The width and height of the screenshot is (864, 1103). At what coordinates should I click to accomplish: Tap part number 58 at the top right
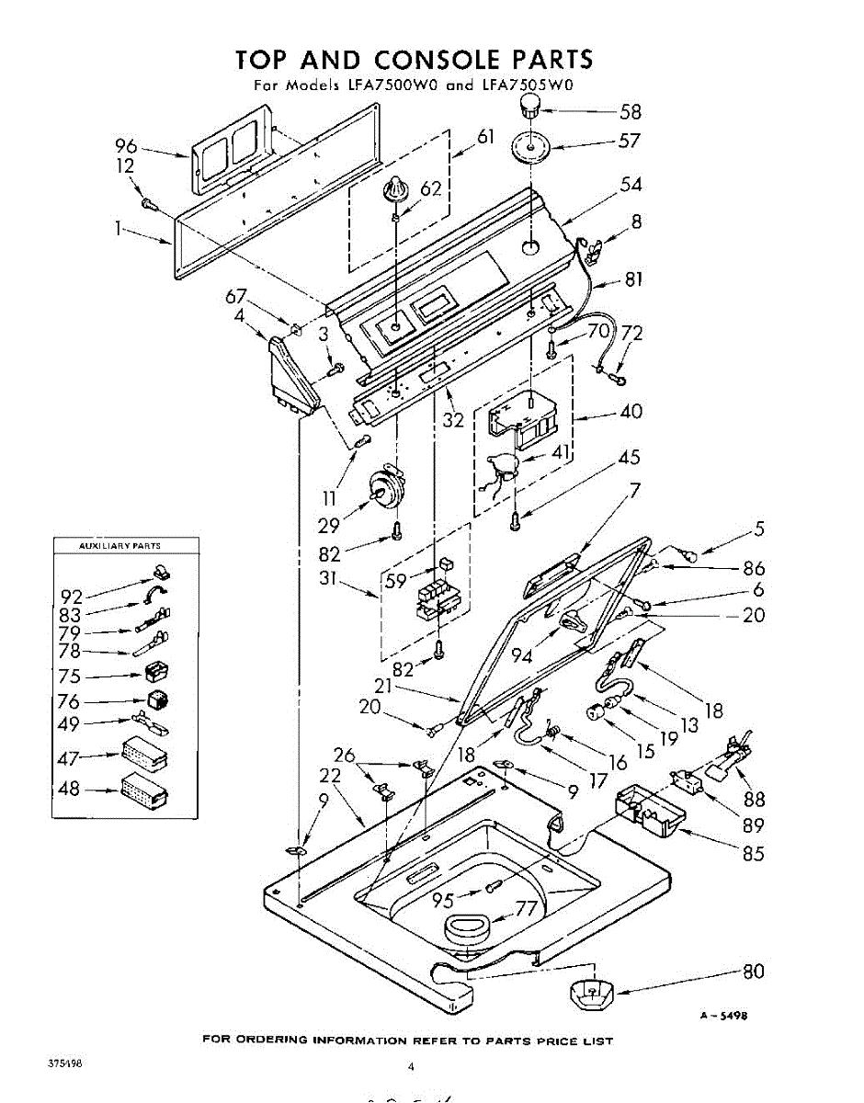(630, 112)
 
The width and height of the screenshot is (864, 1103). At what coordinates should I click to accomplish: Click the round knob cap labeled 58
(529, 110)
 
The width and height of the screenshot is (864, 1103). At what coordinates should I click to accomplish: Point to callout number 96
(126, 145)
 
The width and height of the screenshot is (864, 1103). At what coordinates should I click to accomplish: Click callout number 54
(631, 184)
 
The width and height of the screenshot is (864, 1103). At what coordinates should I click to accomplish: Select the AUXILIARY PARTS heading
(121, 546)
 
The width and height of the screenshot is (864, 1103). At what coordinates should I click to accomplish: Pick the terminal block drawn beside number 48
(144, 789)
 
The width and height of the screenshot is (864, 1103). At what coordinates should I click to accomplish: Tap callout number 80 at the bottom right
(753, 972)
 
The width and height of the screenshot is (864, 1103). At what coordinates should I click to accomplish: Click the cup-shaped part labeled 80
(588, 993)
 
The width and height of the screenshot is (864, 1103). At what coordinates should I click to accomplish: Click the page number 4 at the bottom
(411, 1067)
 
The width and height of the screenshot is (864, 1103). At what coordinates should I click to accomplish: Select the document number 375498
(64, 1063)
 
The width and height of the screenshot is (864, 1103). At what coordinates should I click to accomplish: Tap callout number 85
(753, 853)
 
